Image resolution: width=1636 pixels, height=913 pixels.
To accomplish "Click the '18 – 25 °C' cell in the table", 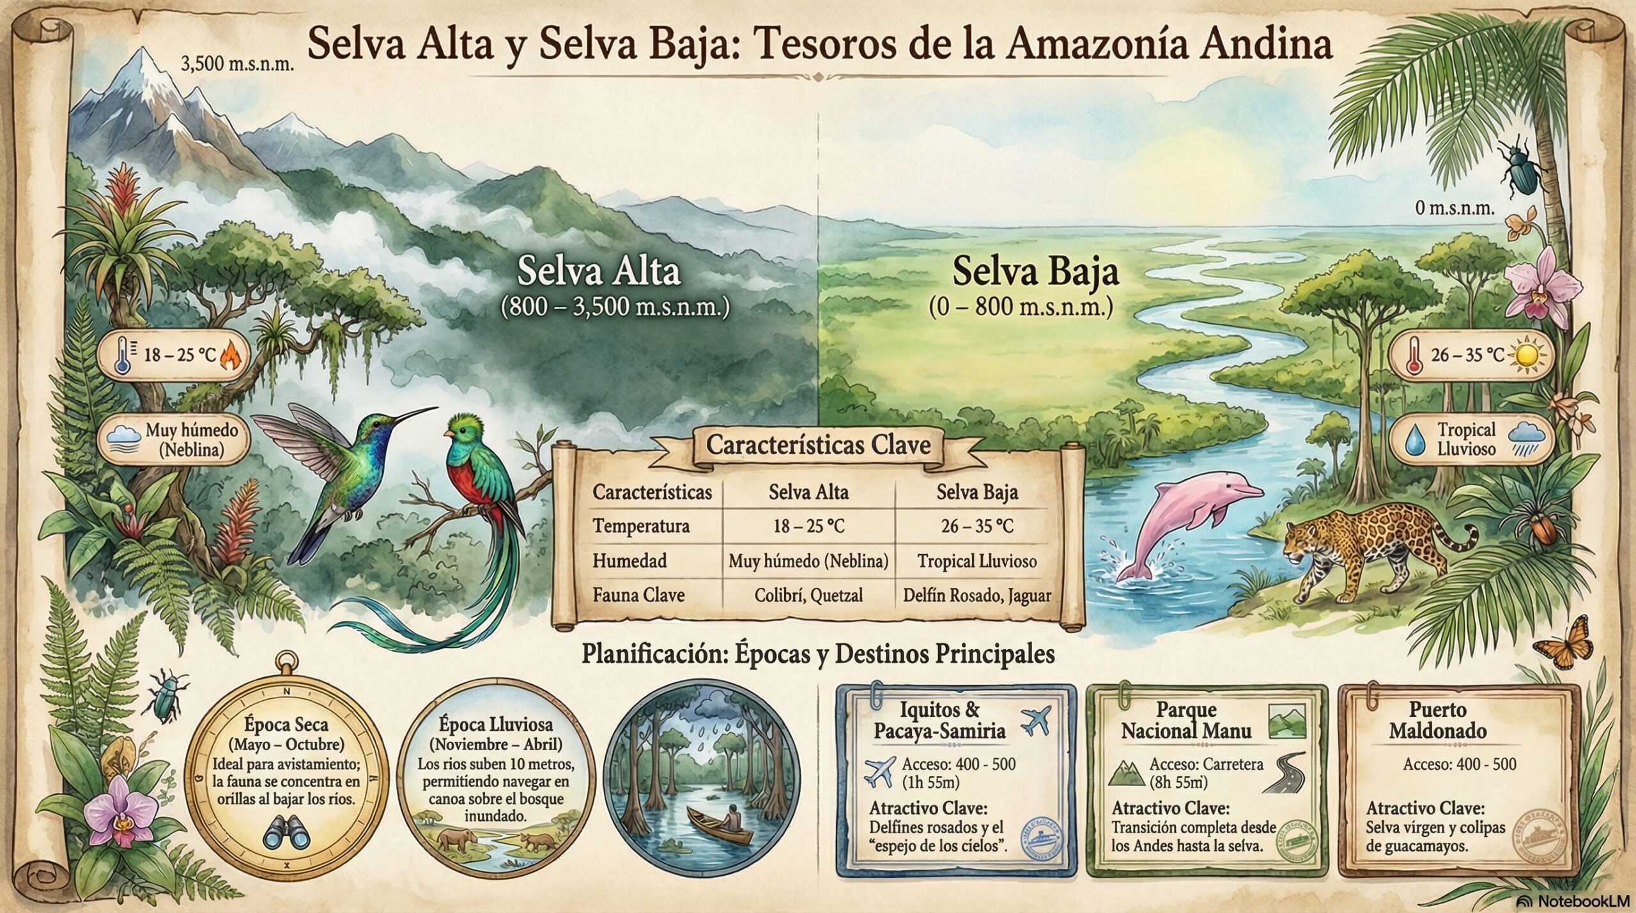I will pos(808,526).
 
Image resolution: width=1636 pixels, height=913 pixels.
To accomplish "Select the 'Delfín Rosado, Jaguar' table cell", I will pos(976,595).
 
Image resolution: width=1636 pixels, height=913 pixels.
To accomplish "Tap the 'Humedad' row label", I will pos(629,561).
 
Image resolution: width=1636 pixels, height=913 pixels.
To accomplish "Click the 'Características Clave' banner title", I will pos(818,445).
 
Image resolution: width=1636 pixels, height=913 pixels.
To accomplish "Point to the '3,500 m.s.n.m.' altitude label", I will pos(237,65).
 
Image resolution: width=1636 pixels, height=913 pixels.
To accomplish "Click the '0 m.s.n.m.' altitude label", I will pos(1454,208).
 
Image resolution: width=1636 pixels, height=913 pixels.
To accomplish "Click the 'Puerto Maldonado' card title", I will pos(1438,720).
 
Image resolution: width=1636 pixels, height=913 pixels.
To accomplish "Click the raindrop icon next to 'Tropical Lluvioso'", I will pos(1416,441).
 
